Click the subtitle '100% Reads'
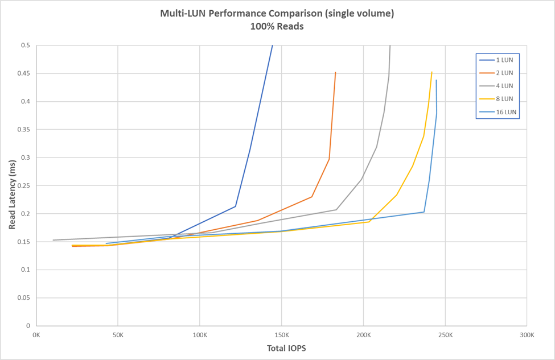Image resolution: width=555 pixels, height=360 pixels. pyautogui.click(x=277, y=26)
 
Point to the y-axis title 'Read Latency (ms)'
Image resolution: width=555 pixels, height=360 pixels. pyautogui.click(x=12, y=195)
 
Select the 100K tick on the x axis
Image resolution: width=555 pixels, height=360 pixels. pyautogui.click(x=199, y=335)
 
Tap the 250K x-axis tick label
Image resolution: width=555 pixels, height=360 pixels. pyautogui.click(x=445, y=335)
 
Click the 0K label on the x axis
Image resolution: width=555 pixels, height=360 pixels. pyautogui.click(x=36, y=335)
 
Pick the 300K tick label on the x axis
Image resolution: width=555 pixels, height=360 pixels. pyautogui.click(x=527, y=335)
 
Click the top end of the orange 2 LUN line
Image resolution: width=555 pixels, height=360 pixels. pyautogui.click(x=335, y=72)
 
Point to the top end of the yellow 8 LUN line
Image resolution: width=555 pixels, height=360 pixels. pyautogui.click(x=432, y=72)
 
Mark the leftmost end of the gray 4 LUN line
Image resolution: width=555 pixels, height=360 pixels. pyautogui.click(x=53, y=240)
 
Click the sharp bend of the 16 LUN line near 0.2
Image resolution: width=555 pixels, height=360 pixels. pyautogui.click(x=424, y=212)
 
